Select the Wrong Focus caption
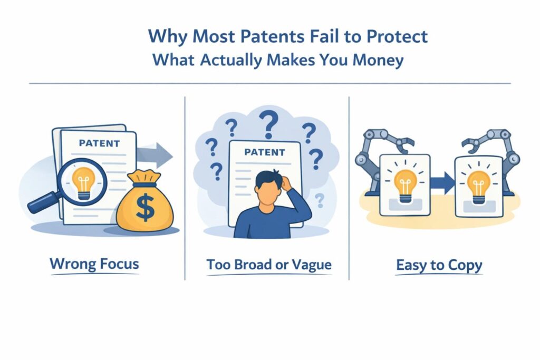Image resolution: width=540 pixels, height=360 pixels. coord(94,264)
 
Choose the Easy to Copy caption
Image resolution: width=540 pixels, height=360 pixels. coord(439,265)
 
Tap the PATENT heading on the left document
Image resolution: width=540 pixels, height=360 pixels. coord(99,143)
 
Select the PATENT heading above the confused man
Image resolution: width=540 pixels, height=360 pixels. coord(265,152)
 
